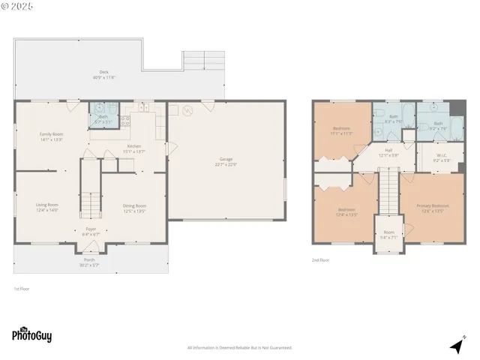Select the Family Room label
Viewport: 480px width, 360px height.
[51, 136]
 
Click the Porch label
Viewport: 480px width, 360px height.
[89, 262]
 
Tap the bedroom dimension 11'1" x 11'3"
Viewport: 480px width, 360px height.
[341, 133]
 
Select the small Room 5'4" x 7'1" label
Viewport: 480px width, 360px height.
[388, 234]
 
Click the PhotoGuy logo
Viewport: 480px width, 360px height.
[31, 335]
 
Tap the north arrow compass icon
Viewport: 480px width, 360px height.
[457, 345]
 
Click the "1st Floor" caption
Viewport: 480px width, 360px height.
[22, 289]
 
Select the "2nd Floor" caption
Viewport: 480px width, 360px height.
[320, 260]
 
